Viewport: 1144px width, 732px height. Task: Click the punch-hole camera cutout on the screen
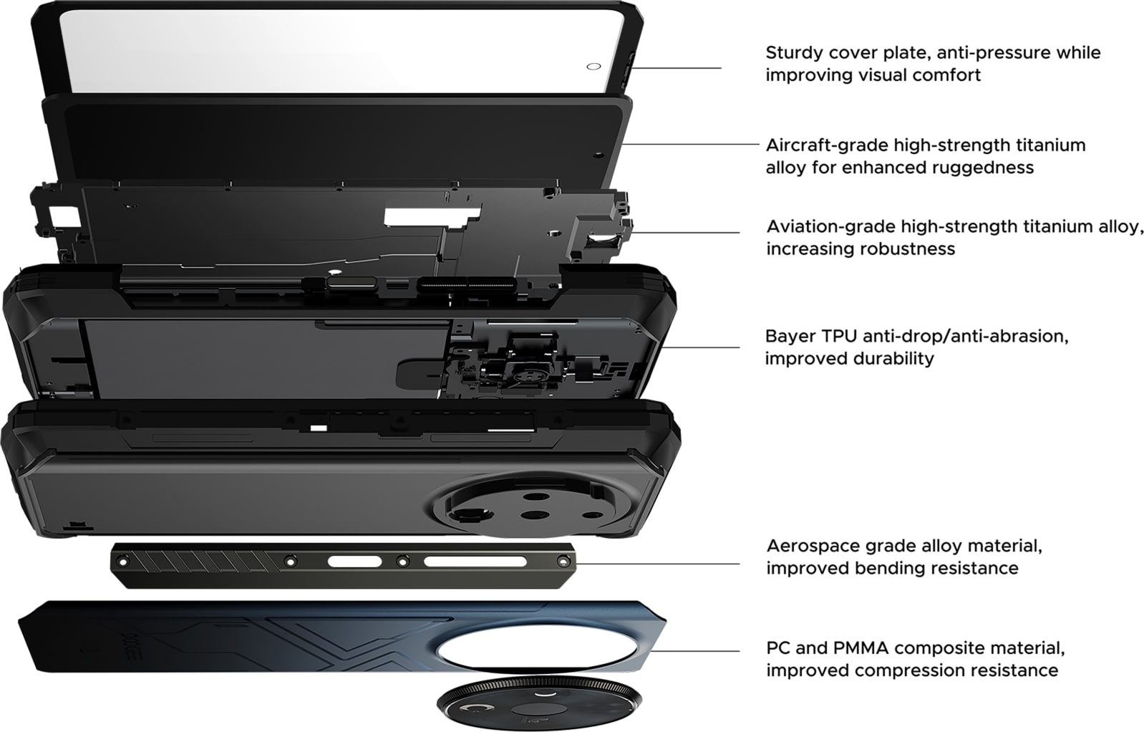click(x=593, y=67)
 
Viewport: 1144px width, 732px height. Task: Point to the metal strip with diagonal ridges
click(x=343, y=566)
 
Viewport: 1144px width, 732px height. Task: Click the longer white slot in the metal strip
click(x=475, y=562)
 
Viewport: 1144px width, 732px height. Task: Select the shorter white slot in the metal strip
click(x=355, y=562)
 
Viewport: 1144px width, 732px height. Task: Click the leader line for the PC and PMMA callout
click(x=695, y=651)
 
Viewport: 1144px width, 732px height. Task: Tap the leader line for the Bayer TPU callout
click(x=699, y=347)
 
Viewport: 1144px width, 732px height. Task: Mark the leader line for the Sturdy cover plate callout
click(x=677, y=67)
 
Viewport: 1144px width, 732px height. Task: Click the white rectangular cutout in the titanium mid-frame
click(x=432, y=216)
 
